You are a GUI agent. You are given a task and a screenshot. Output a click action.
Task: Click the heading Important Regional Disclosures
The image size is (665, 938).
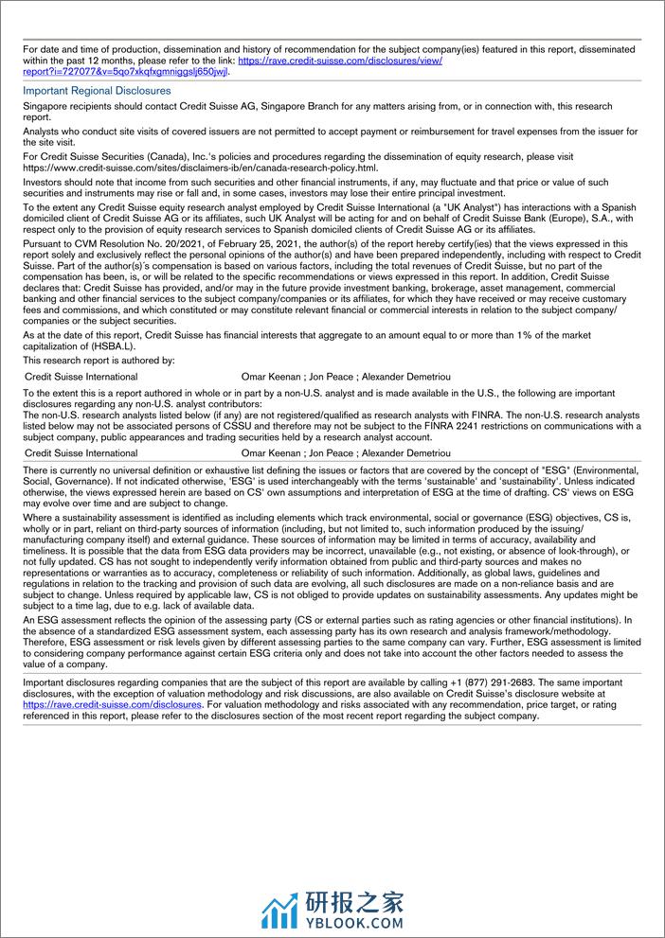coord(97,91)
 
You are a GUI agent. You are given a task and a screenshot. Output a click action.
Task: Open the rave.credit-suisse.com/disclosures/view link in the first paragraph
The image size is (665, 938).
coord(340,60)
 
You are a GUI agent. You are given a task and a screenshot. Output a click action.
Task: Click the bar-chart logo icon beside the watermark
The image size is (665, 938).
coord(279,909)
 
